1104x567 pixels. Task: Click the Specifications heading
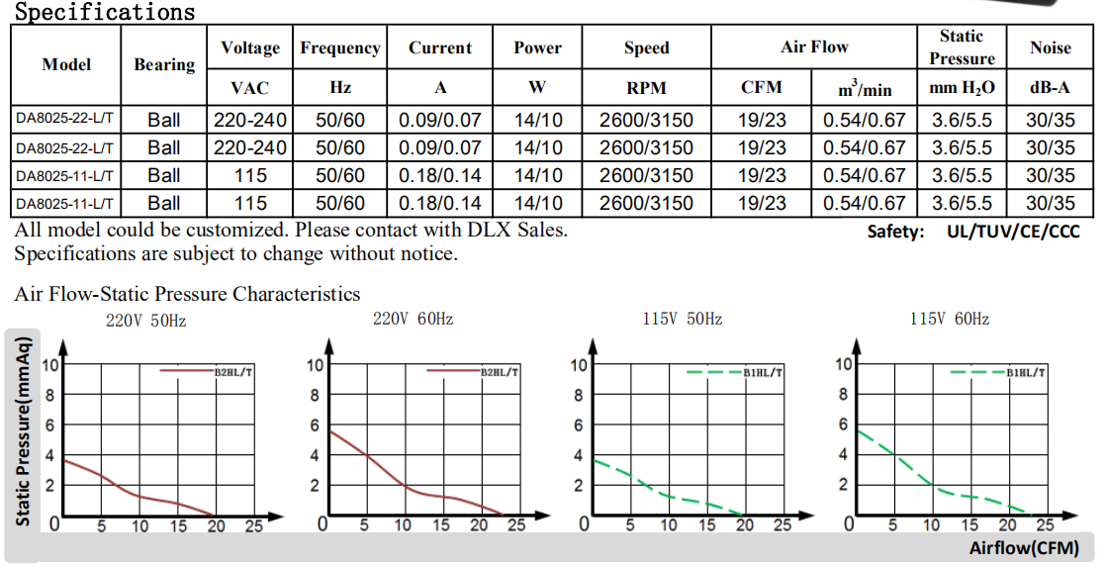105,12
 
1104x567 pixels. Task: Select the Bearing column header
164,64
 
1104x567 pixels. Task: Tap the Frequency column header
340,47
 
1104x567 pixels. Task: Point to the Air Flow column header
814,47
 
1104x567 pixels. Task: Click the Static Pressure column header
962,47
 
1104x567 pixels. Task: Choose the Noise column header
1050,47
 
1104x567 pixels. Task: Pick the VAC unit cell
249,88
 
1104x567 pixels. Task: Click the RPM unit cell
646,88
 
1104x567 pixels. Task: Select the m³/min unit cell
865,89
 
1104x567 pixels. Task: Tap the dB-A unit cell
1050,88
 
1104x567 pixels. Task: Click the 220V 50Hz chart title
146,321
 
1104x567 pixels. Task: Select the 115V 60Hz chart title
950,319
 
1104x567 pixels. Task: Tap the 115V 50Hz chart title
682,319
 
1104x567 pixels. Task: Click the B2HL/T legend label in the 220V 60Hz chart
500,372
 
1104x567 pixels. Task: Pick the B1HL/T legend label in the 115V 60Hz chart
1026,372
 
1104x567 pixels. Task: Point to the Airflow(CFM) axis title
1023,548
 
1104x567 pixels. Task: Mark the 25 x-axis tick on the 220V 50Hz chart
254,526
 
